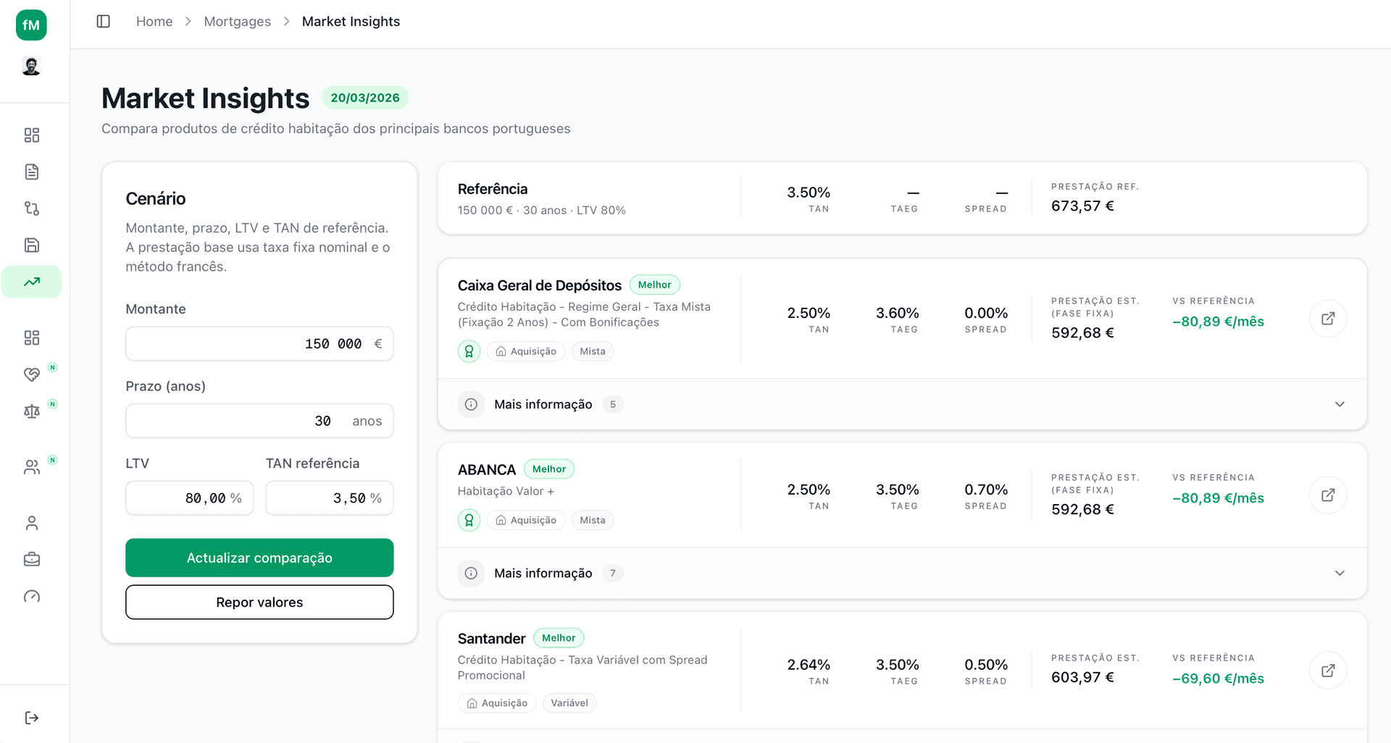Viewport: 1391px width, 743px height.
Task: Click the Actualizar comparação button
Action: tap(259, 558)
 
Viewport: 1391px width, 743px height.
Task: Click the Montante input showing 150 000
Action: tap(259, 344)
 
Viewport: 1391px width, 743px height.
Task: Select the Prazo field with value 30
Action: tap(259, 421)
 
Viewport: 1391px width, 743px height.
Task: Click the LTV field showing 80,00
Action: tap(189, 498)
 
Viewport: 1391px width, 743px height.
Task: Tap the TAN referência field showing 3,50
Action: tap(329, 498)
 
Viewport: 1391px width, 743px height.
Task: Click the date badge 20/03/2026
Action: tap(365, 98)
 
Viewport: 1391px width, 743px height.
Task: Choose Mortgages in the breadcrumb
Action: tap(237, 22)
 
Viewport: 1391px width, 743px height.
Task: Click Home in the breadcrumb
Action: tap(154, 22)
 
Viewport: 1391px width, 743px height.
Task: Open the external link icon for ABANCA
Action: tap(1327, 495)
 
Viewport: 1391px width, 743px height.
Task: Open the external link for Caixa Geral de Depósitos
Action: tap(1327, 319)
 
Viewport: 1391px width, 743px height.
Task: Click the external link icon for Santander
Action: tap(1327, 671)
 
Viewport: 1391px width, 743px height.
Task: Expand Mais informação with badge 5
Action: tap(543, 404)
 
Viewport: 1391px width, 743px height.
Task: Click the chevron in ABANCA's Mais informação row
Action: tap(1340, 573)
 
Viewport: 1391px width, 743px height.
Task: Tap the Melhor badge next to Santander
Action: tap(559, 638)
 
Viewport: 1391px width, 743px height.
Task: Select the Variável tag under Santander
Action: tap(569, 703)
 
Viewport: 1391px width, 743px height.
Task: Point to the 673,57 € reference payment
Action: tap(1082, 206)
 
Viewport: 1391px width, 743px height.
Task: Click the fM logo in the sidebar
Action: tap(31, 25)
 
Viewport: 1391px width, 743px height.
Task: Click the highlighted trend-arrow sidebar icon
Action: tap(31, 282)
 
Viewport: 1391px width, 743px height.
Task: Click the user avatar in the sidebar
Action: tap(31, 67)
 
